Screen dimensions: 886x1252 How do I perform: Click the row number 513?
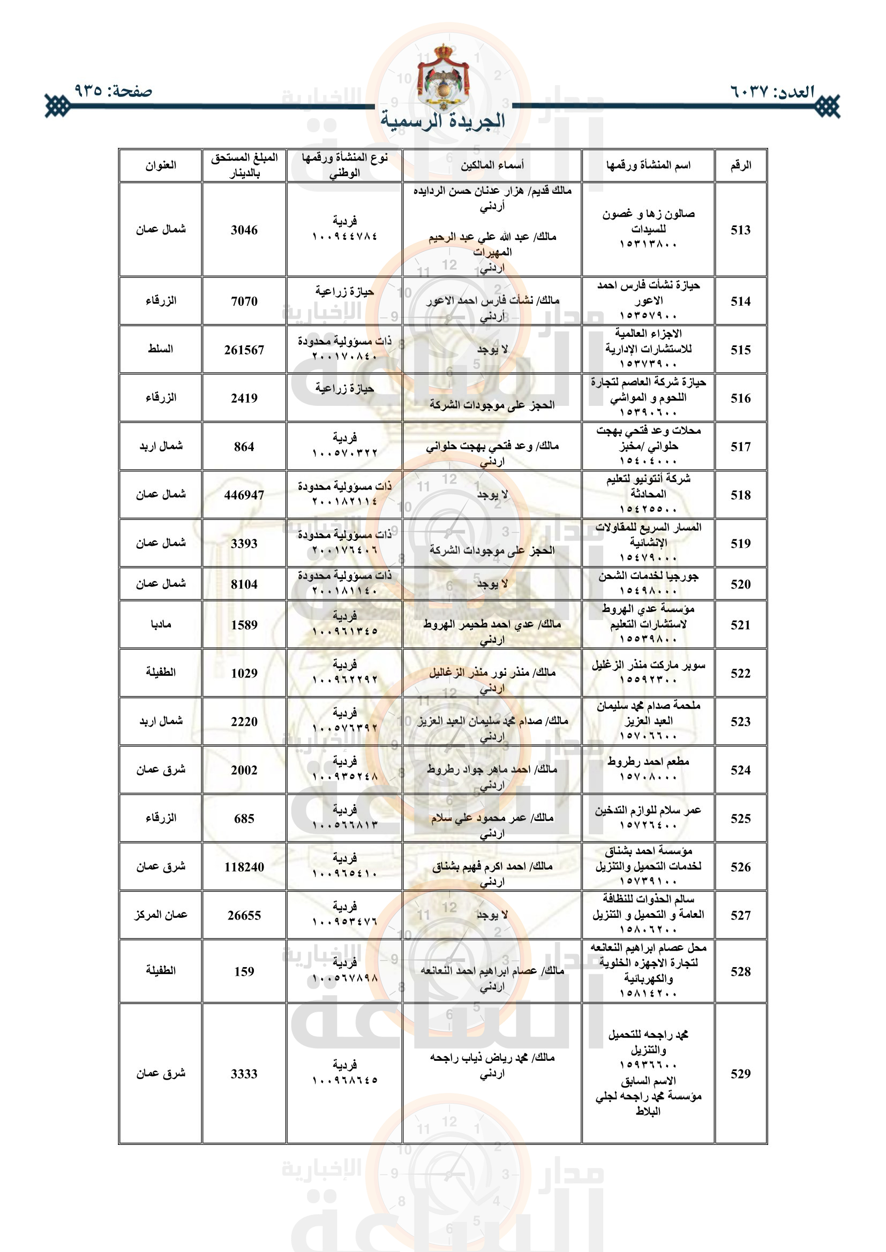[x=740, y=230]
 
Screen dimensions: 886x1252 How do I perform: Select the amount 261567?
[x=244, y=350]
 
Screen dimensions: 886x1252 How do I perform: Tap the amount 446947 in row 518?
[x=244, y=495]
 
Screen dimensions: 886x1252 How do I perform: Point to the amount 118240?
[x=244, y=867]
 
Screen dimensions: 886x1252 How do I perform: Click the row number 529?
[x=740, y=1074]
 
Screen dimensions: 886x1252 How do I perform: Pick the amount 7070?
[x=244, y=301]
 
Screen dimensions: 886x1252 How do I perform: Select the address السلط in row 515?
[x=160, y=349]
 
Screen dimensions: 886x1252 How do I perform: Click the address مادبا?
[x=160, y=624]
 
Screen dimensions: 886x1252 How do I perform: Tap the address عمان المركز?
[x=160, y=915]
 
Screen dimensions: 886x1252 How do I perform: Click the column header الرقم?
[x=740, y=165]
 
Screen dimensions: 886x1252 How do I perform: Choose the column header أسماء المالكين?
[x=492, y=165]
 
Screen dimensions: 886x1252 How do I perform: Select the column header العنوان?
[x=160, y=165]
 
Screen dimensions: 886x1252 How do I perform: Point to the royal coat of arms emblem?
[x=442, y=78]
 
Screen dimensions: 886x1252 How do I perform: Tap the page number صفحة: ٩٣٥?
[x=113, y=90]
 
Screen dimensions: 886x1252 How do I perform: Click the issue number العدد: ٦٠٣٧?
[x=772, y=92]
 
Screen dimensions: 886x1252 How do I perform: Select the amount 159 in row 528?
[x=244, y=971]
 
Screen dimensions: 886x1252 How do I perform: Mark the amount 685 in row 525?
[x=244, y=818]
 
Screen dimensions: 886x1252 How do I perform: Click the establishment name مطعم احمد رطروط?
[x=648, y=762]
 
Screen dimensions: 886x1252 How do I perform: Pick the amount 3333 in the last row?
[x=244, y=1074]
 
